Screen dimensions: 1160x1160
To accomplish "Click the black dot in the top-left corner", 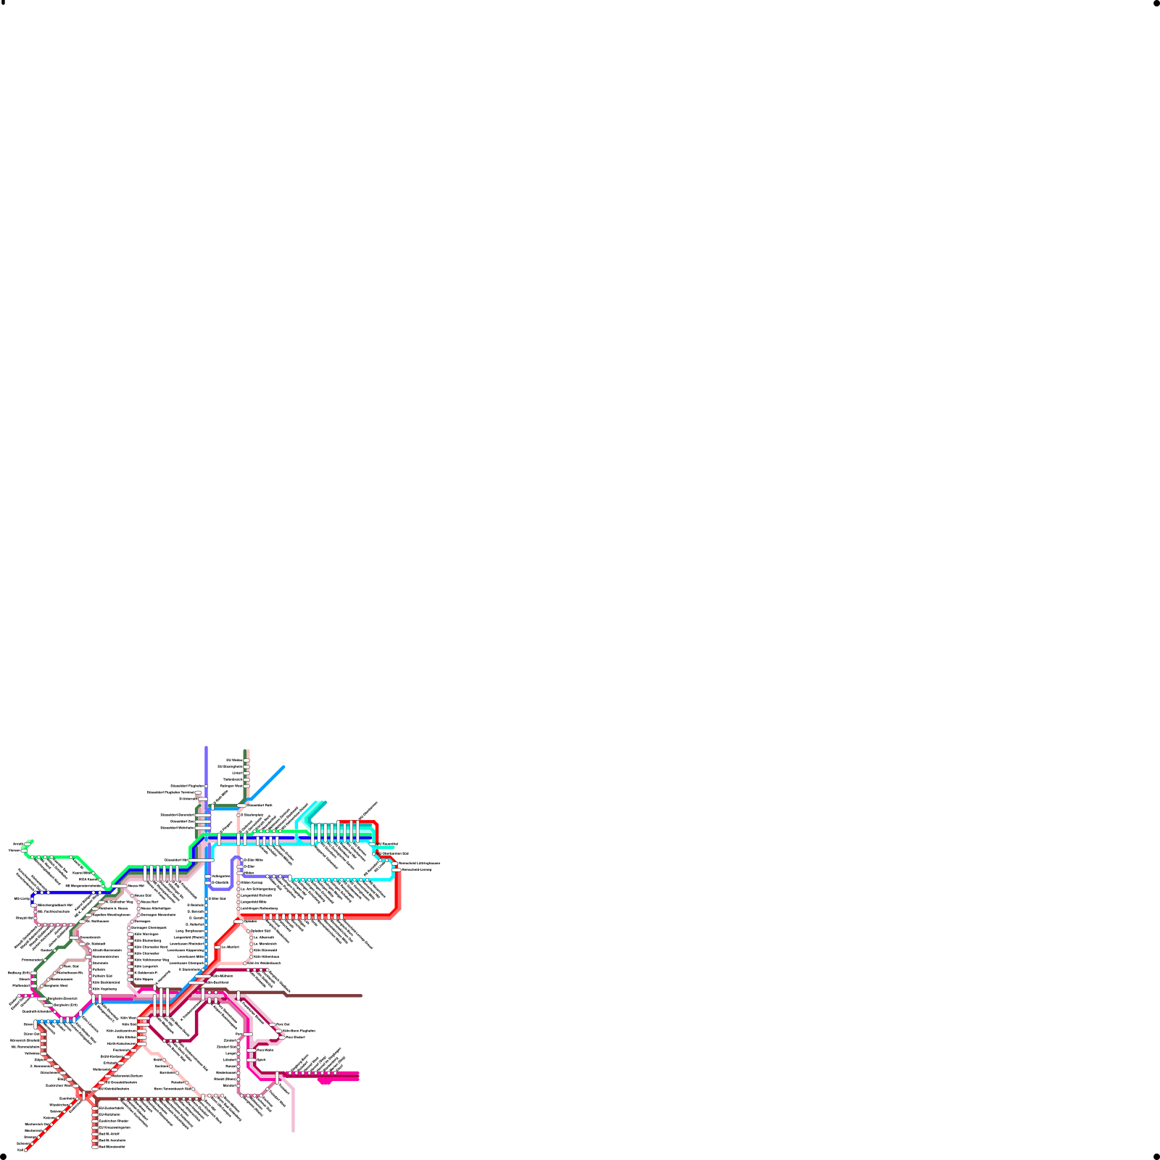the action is point(3,3).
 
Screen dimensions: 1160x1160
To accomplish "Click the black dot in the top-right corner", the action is point(1156,3).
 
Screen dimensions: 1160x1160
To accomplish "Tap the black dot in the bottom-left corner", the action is point(3,1156).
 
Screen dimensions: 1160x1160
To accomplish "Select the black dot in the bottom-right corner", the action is point(1156,1156).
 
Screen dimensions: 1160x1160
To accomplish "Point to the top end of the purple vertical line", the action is point(207,747).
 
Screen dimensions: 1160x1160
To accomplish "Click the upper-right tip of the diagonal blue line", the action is point(283,766).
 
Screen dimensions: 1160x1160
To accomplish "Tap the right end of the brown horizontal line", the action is point(361,995).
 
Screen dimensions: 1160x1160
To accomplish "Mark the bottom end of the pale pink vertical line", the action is point(293,1130).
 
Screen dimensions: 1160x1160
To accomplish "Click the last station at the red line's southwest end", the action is point(26,1150).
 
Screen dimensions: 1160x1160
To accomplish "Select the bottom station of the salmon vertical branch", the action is point(95,1147).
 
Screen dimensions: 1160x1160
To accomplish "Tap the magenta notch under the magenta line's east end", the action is point(326,1082).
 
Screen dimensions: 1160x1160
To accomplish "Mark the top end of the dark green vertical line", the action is point(246,751).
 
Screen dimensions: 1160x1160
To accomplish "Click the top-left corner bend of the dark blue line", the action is point(33,893).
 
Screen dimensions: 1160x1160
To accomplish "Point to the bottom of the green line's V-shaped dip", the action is point(108,888).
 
